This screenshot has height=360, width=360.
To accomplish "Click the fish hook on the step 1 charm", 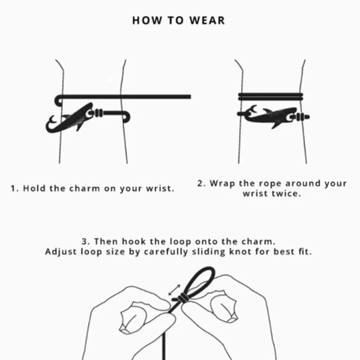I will click(x=51, y=123).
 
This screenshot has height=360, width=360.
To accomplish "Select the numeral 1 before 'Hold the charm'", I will click(x=13, y=189).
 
